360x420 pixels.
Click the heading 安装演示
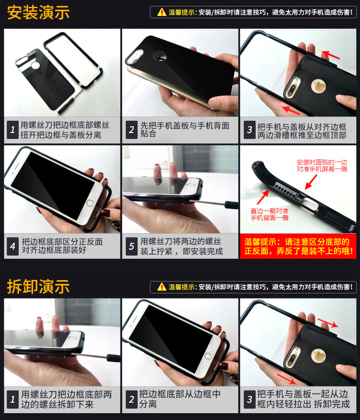38,13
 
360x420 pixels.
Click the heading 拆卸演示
38,287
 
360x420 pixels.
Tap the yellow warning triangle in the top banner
161,12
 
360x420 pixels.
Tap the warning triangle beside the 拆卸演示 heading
161,287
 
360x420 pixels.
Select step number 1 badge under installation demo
13,130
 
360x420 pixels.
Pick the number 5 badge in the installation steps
131,246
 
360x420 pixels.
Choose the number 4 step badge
13,246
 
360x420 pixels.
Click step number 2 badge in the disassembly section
131,400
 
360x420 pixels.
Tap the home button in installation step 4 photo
90,203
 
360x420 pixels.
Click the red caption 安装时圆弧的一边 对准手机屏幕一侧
322,165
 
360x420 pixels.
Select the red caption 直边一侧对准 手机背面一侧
269,214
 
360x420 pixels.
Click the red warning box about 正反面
298,246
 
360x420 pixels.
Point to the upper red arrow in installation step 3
330,55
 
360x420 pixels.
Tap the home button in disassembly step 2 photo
208,356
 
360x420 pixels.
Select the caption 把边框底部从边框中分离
180,399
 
